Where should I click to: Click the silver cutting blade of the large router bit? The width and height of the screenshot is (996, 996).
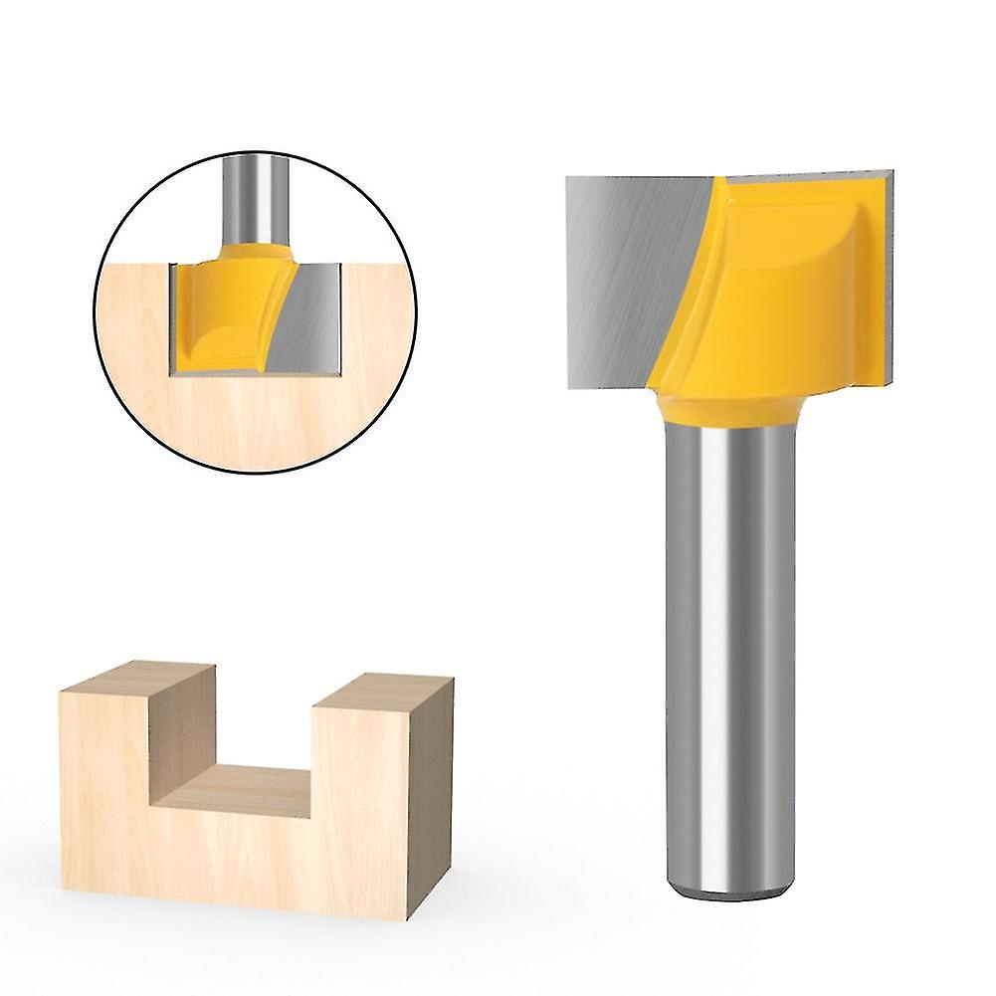point(627,269)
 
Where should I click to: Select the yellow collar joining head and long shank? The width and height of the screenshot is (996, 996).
point(726,408)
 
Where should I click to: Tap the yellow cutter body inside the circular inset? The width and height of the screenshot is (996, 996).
point(224,308)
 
